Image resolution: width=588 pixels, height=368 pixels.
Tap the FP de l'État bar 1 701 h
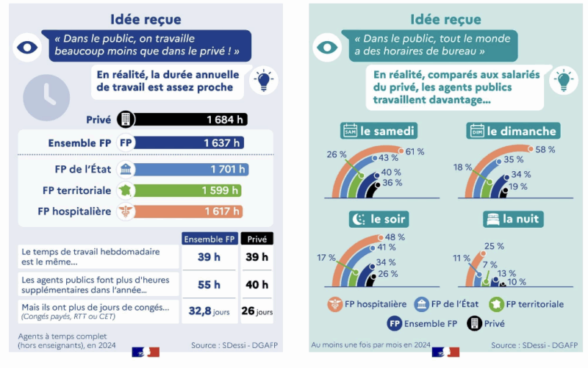(192, 170)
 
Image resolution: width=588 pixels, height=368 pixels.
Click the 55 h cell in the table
(209, 284)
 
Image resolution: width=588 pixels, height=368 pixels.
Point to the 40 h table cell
(257, 284)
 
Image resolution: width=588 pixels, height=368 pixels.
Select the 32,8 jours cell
(209, 311)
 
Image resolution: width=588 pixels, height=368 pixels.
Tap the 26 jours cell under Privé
(257, 311)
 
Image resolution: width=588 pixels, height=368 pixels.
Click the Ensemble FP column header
(209, 239)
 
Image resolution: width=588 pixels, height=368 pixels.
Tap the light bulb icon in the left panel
(263, 79)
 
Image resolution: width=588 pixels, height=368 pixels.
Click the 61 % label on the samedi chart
(415, 151)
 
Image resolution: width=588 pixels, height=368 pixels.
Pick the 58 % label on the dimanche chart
(545, 150)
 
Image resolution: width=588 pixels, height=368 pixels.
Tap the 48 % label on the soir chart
(395, 237)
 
